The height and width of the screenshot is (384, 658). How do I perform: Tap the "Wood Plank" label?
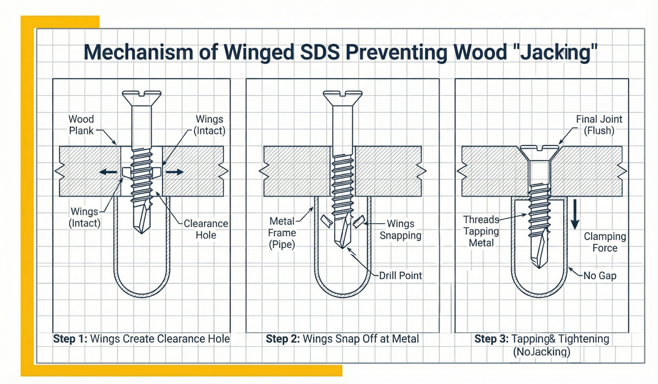(x=81, y=125)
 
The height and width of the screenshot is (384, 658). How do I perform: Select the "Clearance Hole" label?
(x=206, y=229)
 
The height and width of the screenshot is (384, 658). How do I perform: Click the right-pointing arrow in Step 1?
(x=175, y=172)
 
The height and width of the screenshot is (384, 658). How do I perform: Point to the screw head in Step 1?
(x=141, y=96)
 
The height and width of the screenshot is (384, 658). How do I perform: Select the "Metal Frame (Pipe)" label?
(x=282, y=233)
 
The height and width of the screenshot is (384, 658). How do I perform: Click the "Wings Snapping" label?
(x=400, y=229)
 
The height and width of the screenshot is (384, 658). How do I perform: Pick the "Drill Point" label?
(x=400, y=276)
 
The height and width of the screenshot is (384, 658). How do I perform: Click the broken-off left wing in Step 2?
(x=326, y=221)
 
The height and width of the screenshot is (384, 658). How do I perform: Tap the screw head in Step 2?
(x=342, y=96)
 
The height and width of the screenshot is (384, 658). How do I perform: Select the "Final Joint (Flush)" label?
(x=599, y=125)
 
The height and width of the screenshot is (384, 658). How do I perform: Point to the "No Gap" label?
(x=600, y=276)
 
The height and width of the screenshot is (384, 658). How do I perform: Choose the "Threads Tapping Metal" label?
(x=481, y=231)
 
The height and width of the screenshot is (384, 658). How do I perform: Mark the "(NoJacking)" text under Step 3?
(x=541, y=352)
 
